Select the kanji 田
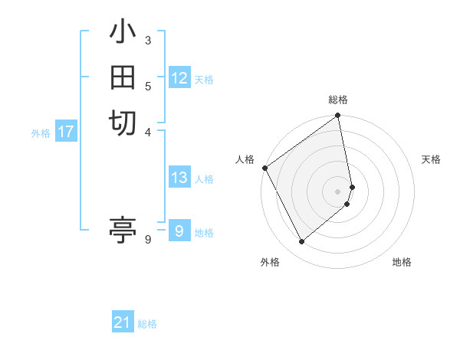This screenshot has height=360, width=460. tap(123, 77)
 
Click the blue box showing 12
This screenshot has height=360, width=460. tap(179, 78)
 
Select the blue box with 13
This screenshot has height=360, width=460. tap(179, 178)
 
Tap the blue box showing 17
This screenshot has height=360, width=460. tap(66, 132)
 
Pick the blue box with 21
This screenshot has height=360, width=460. tap(123, 322)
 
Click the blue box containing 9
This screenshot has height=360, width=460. tap(179, 231)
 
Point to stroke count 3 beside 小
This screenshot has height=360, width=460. tap(148, 40)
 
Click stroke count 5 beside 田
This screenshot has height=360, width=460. tap(148, 86)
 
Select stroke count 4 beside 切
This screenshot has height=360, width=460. tap(148, 131)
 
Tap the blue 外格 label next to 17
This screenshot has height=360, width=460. tap(41, 133)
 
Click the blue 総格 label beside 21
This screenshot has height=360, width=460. tap(147, 324)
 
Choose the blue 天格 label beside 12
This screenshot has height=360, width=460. tap(204, 80)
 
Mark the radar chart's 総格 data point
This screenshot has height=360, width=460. tap(338, 116)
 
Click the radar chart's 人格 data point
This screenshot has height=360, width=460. tap(264, 168)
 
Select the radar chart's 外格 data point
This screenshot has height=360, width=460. tap(302, 242)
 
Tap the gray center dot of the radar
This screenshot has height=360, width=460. tap(338, 191)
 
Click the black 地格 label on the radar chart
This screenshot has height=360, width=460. tap(402, 263)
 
